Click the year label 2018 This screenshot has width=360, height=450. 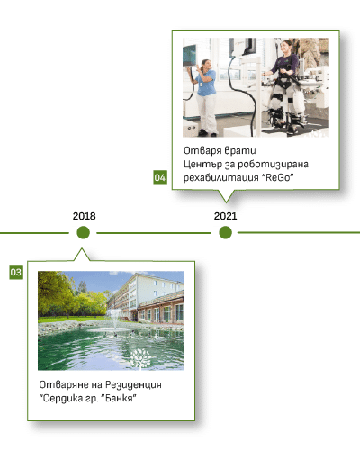(x=84, y=216)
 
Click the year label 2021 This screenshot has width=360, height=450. (x=225, y=216)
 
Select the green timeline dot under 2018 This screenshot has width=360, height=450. (x=83, y=232)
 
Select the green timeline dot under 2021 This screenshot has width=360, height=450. (x=225, y=232)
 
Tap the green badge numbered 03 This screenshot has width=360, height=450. (x=16, y=272)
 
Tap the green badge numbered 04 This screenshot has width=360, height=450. (x=160, y=177)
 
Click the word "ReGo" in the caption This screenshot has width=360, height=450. (x=278, y=177)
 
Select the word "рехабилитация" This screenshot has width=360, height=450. (x=221, y=178)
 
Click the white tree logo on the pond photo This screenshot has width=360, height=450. (x=140, y=358)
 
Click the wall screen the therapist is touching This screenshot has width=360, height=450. (x=190, y=56)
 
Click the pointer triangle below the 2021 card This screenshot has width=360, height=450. (x=226, y=196)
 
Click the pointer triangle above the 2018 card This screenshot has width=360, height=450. (x=82, y=255)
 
